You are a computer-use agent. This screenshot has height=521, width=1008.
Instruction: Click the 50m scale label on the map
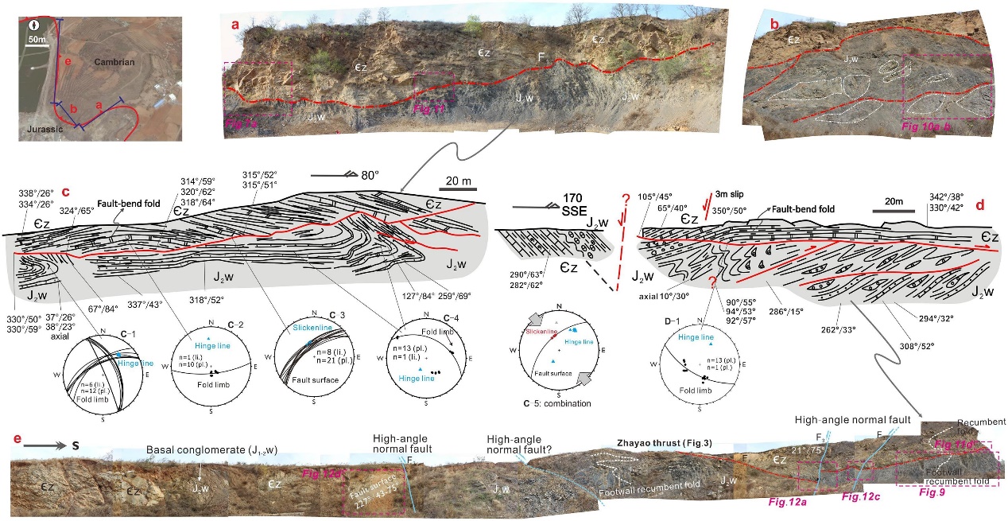(34, 37)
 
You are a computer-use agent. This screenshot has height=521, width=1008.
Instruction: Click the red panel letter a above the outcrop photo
(235, 25)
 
